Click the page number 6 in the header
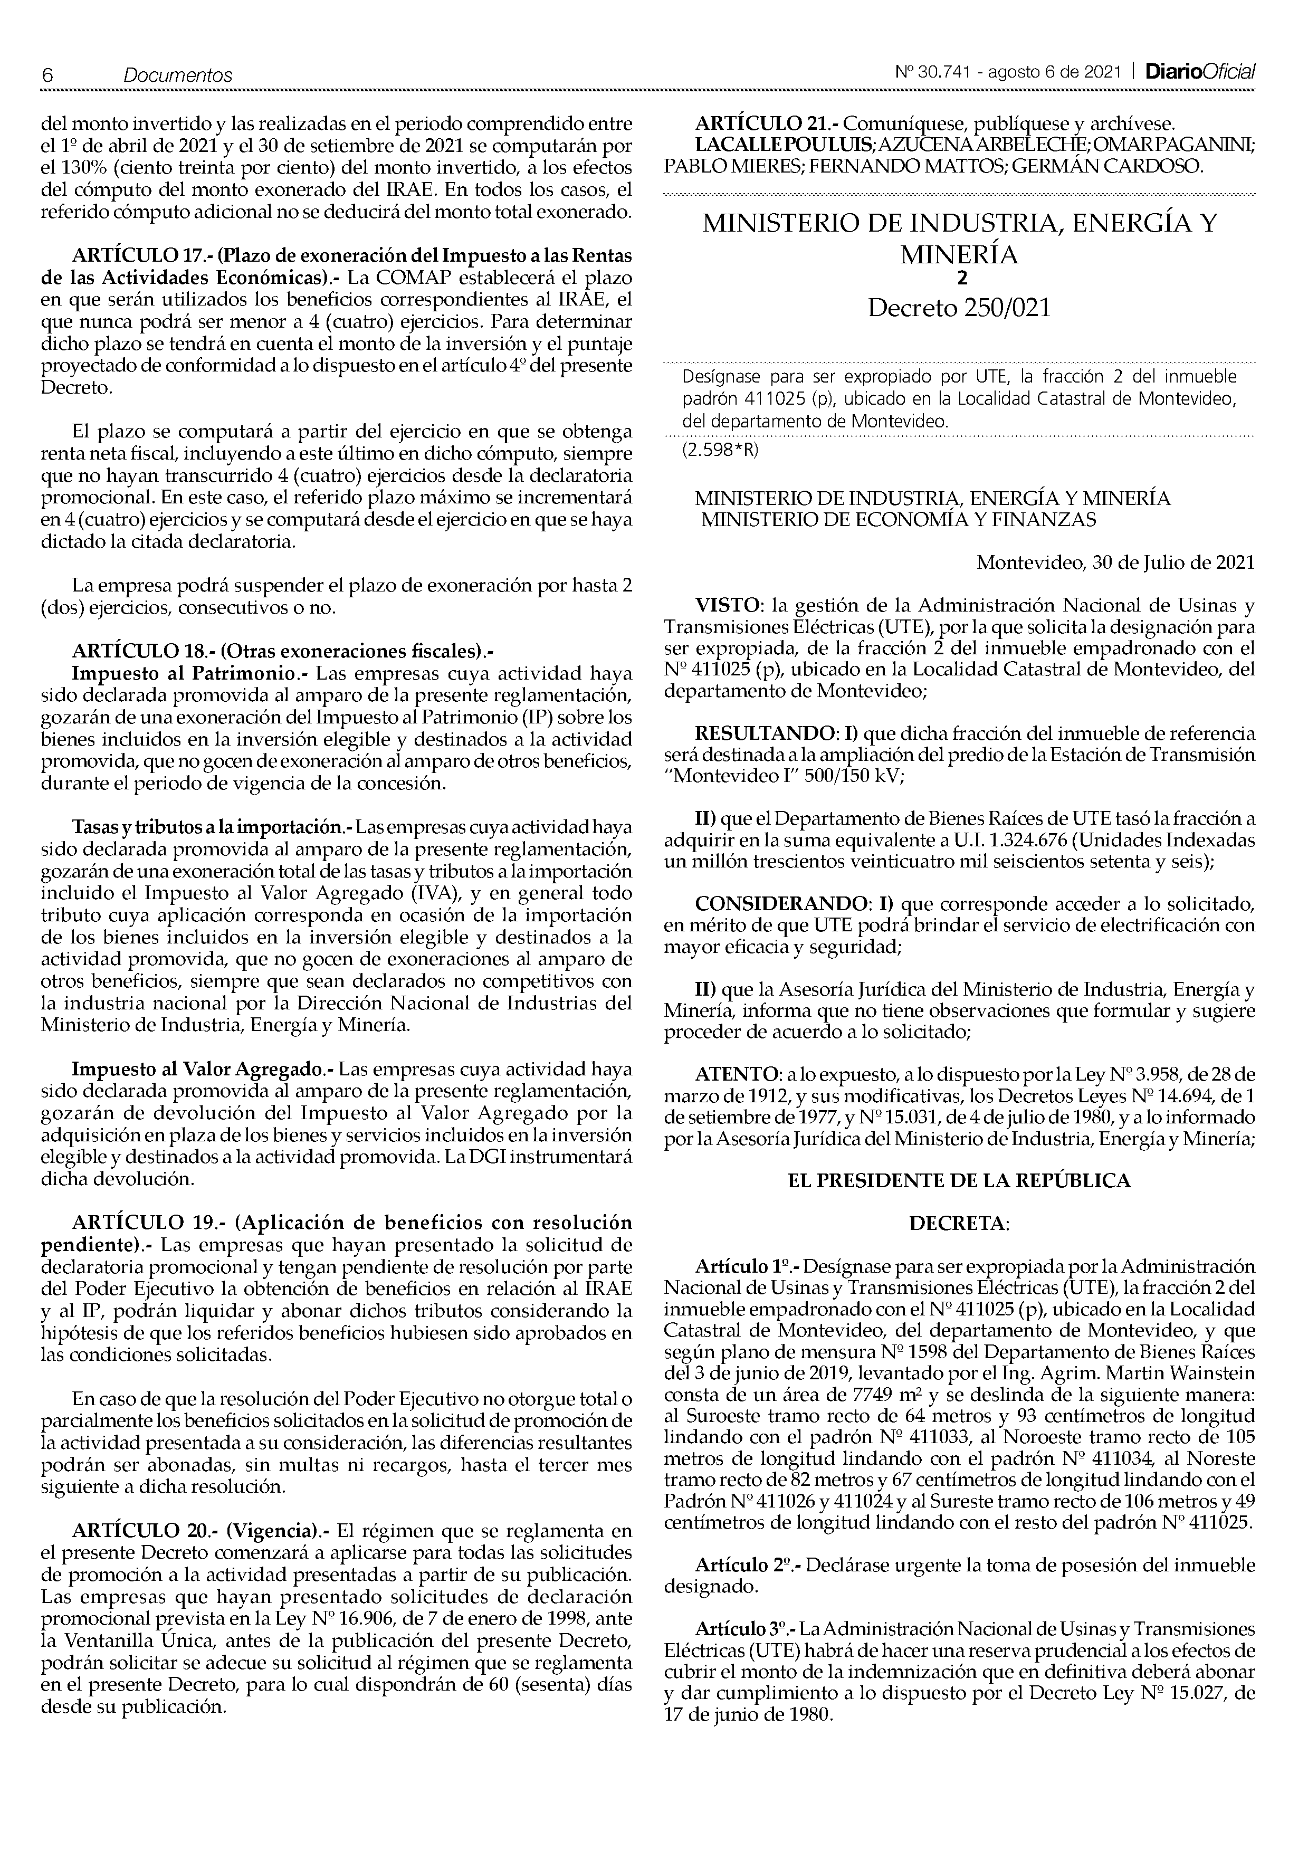pos(47,75)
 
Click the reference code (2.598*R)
pos(720,450)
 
